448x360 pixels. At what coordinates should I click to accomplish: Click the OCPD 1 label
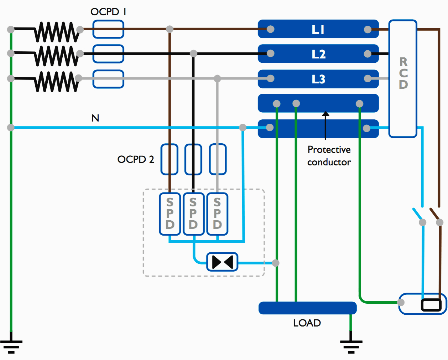click(x=108, y=12)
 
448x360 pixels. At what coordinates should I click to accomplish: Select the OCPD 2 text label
click(x=136, y=159)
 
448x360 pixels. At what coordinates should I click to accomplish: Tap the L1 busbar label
click(x=318, y=29)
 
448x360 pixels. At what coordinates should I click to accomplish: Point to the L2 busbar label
click(x=318, y=54)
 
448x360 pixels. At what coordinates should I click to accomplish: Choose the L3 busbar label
click(x=318, y=79)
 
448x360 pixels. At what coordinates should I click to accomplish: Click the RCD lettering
click(x=403, y=73)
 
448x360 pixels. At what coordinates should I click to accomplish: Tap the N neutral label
click(x=95, y=118)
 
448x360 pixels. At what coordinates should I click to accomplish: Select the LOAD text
click(x=307, y=323)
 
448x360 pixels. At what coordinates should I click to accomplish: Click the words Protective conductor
click(x=329, y=156)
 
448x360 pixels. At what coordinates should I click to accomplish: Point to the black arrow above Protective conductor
click(x=325, y=125)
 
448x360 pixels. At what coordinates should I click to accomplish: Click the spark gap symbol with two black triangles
click(x=222, y=262)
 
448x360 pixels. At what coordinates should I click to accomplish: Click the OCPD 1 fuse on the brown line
click(x=108, y=29)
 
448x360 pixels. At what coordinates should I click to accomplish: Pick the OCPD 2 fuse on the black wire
click(x=193, y=159)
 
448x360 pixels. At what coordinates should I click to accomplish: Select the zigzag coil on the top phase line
click(x=56, y=32)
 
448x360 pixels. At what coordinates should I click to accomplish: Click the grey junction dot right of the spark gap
click(x=275, y=263)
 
